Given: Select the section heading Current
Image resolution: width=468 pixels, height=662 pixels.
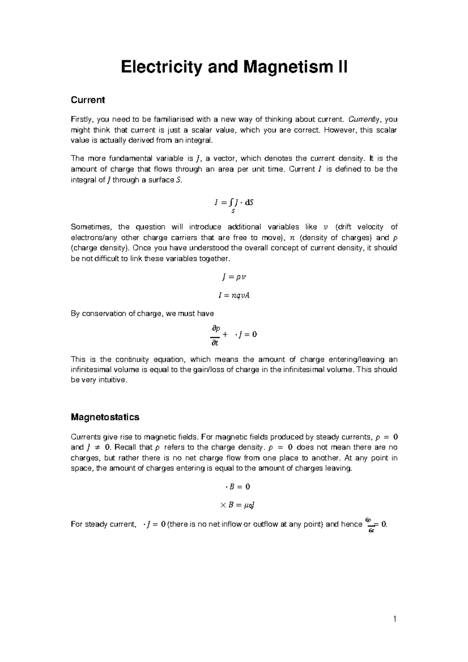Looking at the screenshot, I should click(x=87, y=100).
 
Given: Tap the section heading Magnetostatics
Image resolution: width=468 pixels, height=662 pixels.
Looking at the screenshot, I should click(x=105, y=417).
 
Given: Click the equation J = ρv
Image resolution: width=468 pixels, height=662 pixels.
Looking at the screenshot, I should click(x=234, y=277).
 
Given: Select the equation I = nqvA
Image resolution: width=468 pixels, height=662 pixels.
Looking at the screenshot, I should click(x=234, y=296).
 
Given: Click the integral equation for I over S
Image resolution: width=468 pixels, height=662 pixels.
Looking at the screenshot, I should click(x=234, y=204).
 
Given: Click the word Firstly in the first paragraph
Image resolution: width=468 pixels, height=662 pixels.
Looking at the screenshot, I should click(x=82, y=119).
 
